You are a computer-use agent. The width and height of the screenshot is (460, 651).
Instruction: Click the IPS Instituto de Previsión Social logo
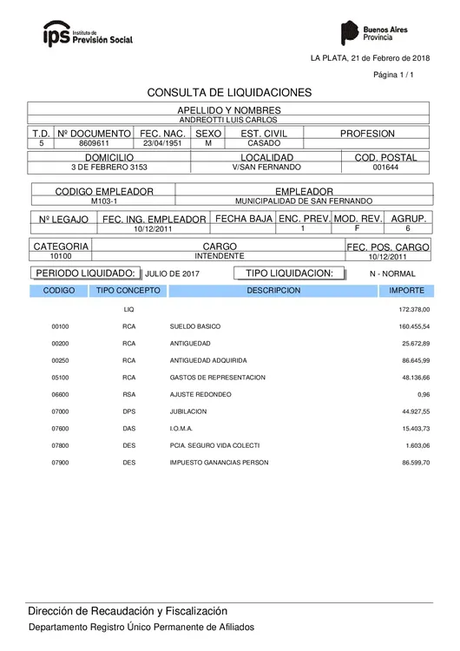88,34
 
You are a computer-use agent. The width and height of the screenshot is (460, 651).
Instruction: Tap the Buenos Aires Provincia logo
374,34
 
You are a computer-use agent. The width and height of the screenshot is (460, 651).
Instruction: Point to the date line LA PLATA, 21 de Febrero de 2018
370,57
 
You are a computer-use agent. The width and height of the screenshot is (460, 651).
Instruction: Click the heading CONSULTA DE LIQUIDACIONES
229,92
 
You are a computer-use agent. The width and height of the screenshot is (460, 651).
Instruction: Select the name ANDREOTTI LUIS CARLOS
229,120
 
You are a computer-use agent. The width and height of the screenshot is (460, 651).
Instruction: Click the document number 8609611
94,143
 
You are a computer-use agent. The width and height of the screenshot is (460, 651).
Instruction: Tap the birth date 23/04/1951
163,143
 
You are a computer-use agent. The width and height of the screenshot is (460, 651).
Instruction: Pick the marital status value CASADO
264,143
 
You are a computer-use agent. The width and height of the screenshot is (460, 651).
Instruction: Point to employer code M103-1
103,201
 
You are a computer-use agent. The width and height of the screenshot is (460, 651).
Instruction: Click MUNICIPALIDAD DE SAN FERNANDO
304,201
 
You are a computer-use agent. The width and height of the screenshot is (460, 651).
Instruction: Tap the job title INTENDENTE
219,256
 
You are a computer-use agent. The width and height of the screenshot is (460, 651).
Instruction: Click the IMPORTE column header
406,291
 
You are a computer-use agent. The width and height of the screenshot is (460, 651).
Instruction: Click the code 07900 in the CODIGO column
60,464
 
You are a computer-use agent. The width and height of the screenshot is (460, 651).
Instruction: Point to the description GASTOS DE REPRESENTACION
217,378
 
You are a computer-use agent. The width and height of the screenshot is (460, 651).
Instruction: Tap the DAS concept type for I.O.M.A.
129,429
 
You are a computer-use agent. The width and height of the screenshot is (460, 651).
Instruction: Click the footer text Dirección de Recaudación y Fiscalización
128,611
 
